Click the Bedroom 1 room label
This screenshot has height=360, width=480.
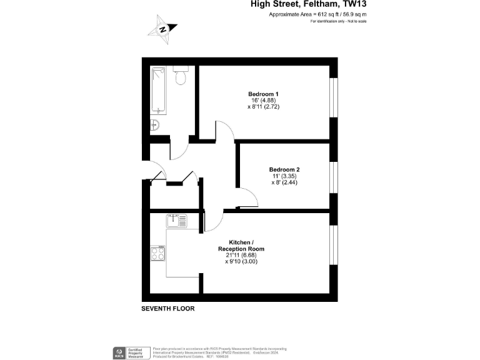point(263,94)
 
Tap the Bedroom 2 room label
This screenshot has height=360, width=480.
point(284,169)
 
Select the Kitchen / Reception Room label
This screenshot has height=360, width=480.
point(241,245)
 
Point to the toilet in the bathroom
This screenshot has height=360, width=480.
point(181,76)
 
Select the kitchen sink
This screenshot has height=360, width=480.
point(176,221)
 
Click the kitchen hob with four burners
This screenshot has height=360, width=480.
point(157,253)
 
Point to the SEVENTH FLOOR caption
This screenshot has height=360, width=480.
point(168,309)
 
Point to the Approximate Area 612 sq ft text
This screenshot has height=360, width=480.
point(317,14)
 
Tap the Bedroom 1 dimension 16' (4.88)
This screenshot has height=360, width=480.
point(263,101)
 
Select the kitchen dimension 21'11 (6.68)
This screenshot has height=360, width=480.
point(241,255)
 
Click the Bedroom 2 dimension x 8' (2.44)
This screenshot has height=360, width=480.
point(284,182)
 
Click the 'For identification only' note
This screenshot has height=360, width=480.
point(338,22)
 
